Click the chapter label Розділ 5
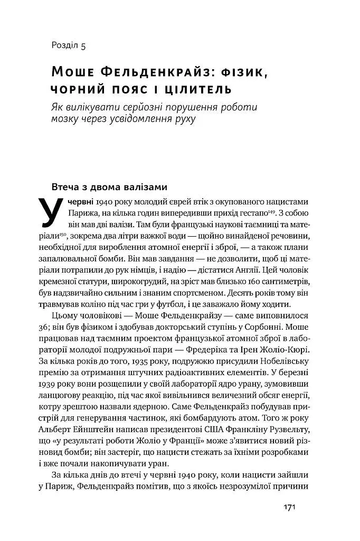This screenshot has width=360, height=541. coord(69,45)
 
